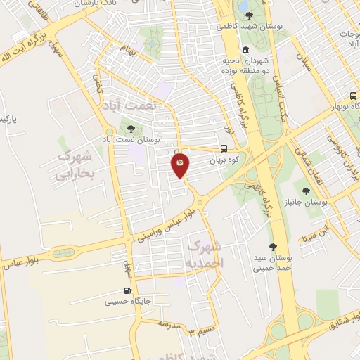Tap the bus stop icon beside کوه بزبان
coord(223,148)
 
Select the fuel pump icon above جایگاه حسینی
coord(127,291)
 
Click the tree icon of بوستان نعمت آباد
coord(131,127)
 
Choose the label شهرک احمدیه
coord(205,252)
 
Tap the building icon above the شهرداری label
coord(245,51)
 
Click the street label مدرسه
coord(169,324)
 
